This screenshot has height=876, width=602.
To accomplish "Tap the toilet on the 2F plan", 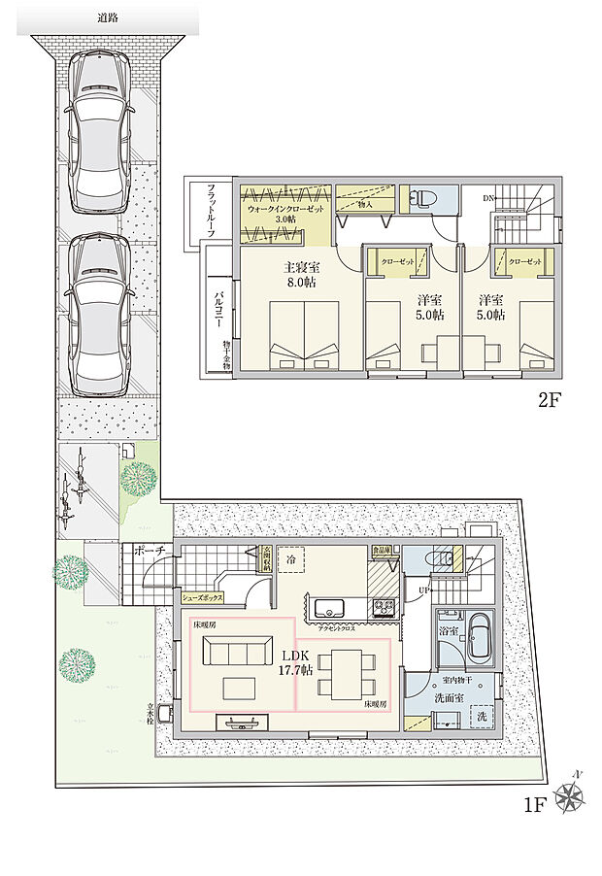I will (x=422, y=199).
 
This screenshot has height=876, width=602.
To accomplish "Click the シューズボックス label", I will (x=203, y=599).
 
